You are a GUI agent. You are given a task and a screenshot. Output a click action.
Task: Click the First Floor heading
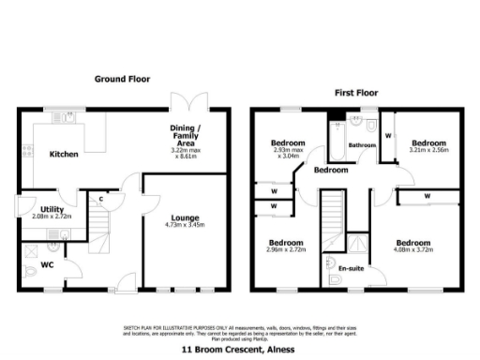tap(356, 93)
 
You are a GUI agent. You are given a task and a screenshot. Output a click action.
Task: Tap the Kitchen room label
tap(64, 154)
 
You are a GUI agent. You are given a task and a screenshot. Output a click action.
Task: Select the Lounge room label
tap(185, 217)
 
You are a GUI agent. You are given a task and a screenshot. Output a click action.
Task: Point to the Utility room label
tap(38, 209)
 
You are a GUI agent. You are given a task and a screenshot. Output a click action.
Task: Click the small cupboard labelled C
tap(100, 199)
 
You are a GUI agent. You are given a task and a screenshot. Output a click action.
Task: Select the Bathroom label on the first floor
tap(362, 146)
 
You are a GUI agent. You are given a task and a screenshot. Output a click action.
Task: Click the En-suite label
tap(352, 269)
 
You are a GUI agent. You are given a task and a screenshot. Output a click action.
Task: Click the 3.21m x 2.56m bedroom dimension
tap(428, 149)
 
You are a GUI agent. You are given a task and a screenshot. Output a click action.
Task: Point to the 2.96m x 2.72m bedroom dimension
tap(286, 250)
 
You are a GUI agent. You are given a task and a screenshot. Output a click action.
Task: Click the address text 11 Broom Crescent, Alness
tap(239, 348)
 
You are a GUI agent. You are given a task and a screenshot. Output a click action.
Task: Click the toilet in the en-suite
tap(338, 279)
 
